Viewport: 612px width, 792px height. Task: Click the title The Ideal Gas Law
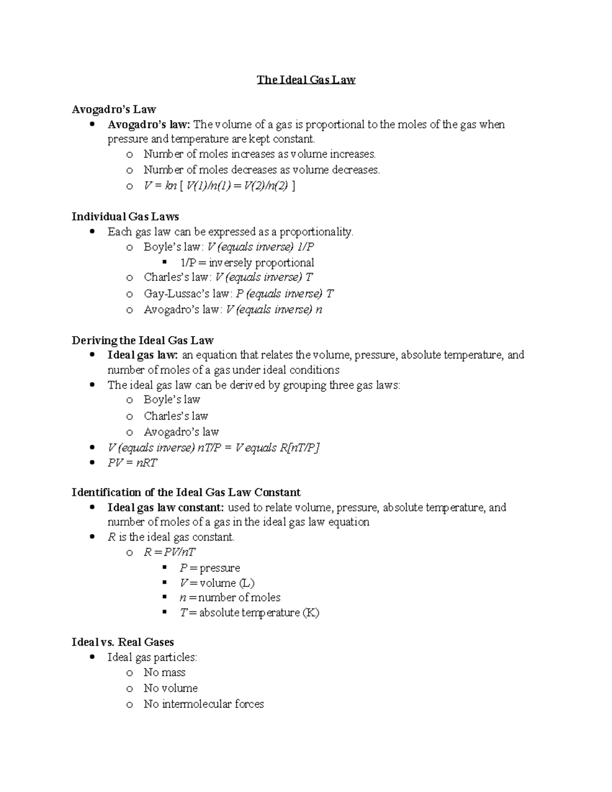click(306, 80)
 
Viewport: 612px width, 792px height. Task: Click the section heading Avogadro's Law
click(114, 109)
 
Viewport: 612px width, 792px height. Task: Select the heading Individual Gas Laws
click(125, 217)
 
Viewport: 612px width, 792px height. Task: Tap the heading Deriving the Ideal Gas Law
click(142, 340)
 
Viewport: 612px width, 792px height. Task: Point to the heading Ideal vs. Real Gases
click(122, 642)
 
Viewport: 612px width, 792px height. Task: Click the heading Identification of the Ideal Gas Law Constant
click(186, 493)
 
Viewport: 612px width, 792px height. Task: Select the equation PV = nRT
click(133, 463)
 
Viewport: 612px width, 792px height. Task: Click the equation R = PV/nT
click(169, 552)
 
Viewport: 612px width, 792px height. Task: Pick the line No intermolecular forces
click(203, 704)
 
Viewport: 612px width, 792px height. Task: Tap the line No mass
click(164, 673)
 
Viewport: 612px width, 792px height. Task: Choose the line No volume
click(170, 688)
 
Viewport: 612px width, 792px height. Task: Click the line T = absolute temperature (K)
click(249, 612)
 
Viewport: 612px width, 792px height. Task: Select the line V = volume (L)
click(217, 583)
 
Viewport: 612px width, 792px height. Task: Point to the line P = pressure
click(210, 568)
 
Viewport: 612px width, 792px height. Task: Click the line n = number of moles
click(230, 598)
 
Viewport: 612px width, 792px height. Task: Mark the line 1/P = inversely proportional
click(247, 263)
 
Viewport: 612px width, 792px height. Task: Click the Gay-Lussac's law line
click(239, 294)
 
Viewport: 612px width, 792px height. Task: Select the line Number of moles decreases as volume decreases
click(262, 170)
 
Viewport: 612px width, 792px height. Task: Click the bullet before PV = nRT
click(92, 463)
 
